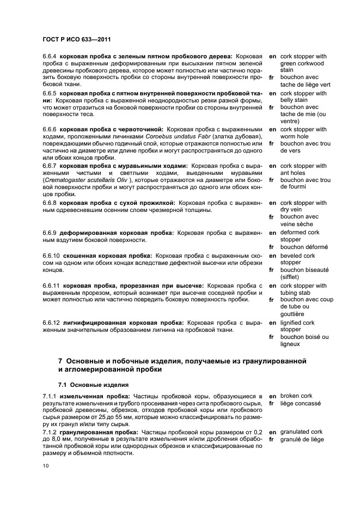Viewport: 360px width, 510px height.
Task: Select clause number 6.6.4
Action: point(50,56)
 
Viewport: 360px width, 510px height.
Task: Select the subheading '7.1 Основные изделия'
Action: point(93,384)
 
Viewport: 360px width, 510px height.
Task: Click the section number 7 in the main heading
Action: point(60,361)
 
